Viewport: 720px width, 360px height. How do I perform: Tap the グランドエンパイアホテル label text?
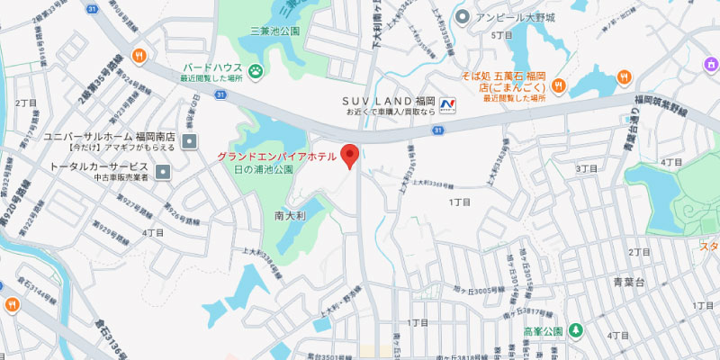276,157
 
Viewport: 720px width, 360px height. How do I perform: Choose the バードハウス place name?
211,67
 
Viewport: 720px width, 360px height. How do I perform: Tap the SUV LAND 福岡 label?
389,99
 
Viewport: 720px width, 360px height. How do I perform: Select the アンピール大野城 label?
516,16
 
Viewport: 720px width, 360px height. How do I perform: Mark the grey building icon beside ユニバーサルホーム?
189,140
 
